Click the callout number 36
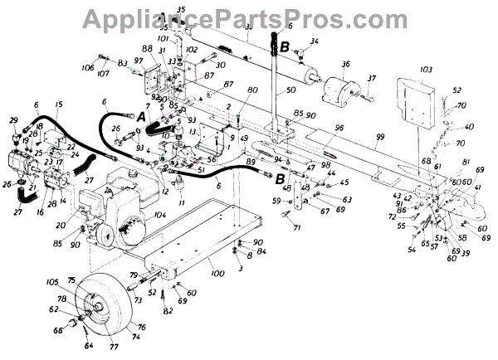tap(345, 64)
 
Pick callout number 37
tap(371, 79)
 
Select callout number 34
tap(314, 41)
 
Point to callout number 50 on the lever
tap(290, 90)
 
